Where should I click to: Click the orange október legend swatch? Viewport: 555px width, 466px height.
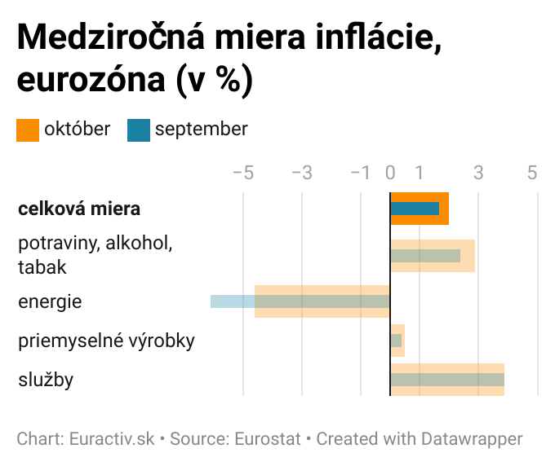point(28,130)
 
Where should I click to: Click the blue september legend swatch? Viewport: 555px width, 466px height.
point(139,130)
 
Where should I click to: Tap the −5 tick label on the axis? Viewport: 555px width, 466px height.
point(242,173)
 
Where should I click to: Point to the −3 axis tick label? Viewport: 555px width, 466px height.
point(301,173)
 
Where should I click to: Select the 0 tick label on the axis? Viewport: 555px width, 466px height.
point(390,173)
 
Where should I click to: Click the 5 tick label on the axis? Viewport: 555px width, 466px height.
point(532,173)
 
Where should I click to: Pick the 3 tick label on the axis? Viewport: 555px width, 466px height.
point(478,173)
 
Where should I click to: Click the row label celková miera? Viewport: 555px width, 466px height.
point(79,209)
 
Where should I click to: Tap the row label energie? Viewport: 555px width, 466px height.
point(50,301)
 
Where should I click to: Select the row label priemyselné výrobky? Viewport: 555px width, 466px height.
point(106,340)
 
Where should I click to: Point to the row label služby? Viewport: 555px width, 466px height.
point(46,379)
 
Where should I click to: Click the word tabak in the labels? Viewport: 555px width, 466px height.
point(42,266)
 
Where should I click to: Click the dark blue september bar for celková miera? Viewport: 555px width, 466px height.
point(415,209)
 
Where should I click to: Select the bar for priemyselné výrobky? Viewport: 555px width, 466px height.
point(397,340)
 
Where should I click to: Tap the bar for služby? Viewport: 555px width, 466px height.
point(447,380)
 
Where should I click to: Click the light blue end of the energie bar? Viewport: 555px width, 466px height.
point(232,301)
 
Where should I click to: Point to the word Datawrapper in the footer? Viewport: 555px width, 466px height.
point(471,439)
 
